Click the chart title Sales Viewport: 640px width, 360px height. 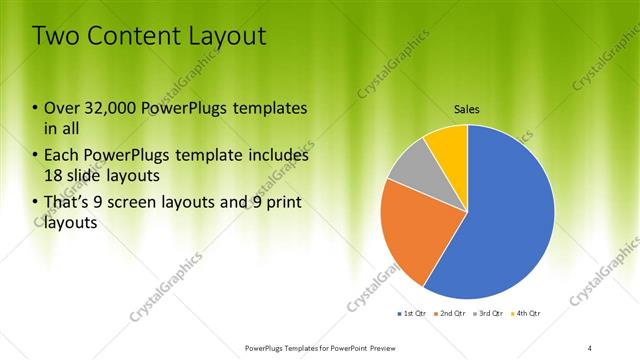[467, 108]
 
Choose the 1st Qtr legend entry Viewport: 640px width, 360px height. [413, 314]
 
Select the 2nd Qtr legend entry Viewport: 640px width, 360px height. [449, 314]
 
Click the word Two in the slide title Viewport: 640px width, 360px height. [56, 37]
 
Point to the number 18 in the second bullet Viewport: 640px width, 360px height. [55, 176]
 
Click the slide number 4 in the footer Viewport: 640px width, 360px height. [590, 348]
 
